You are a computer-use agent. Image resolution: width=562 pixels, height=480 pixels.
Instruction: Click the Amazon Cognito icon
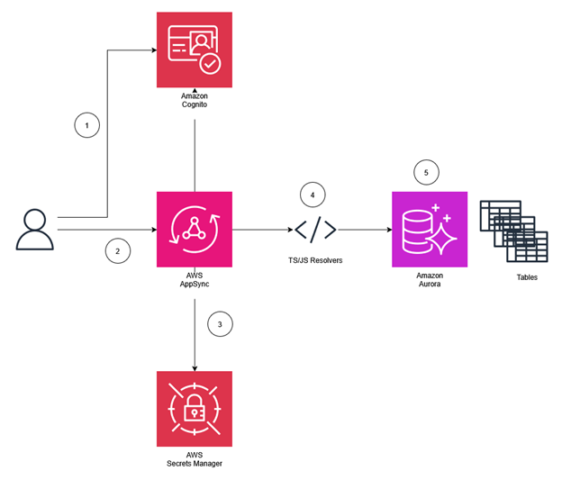point(194,50)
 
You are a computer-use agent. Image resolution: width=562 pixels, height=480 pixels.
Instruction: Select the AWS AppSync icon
point(194,229)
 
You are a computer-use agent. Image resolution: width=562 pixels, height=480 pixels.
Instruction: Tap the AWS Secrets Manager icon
point(194,409)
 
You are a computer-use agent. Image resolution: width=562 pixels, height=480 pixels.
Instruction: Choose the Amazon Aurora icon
point(430,229)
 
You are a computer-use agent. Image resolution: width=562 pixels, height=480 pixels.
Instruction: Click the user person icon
point(34,229)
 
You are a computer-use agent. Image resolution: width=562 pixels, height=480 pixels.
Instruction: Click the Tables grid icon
point(513,230)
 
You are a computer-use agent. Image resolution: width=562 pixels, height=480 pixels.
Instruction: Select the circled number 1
point(86,126)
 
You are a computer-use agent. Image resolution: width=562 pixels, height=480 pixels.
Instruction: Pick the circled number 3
point(220,323)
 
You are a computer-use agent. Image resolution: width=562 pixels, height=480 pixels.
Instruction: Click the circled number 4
point(313,195)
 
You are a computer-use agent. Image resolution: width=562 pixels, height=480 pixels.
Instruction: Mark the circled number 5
point(426,172)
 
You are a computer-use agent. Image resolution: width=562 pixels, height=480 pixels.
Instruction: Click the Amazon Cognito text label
point(194,100)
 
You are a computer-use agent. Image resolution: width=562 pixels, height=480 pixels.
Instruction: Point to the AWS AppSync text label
point(194,278)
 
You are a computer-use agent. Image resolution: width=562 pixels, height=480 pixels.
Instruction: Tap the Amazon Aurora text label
point(430,278)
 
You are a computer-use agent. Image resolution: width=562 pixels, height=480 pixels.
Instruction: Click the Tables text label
point(527,277)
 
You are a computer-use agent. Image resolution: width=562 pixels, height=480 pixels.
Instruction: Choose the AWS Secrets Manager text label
point(194,458)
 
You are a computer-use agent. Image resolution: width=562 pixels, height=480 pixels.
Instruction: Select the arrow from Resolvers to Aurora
point(365,230)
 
